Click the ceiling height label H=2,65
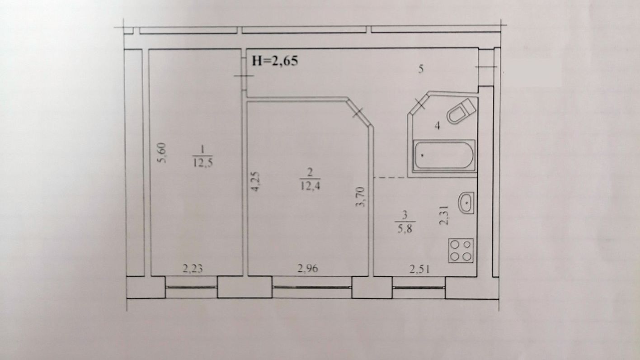[275, 61]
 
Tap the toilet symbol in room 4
[461, 111]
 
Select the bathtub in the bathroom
[444, 156]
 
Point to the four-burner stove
[461, 250]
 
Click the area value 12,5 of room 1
[202, 163]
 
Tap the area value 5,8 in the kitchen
[404, 229]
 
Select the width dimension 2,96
[308, 269]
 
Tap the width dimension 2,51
[419, 269]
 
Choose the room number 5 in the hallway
[420, 70]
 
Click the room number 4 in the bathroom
[437, 126]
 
